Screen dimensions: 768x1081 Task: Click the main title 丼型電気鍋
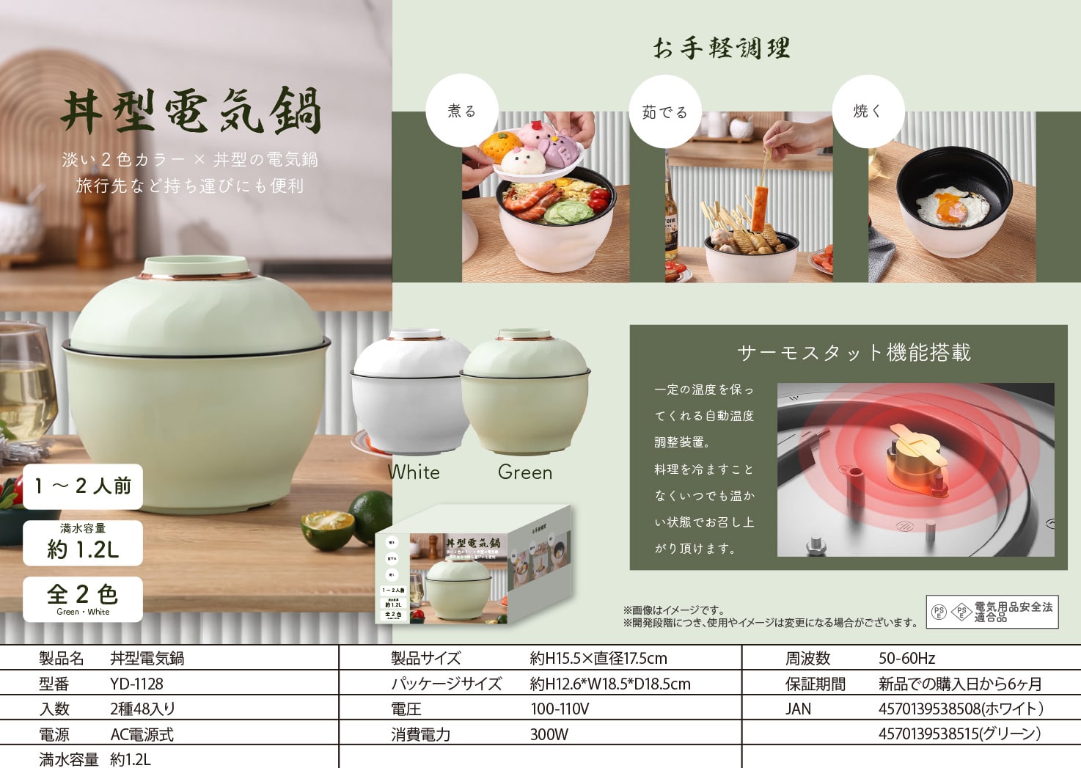191,111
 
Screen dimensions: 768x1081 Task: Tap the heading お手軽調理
721,48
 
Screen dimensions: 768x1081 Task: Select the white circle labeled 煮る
462,111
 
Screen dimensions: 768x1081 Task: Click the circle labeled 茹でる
664,111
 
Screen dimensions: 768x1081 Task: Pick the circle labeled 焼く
868,111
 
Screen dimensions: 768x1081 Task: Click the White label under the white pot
414,472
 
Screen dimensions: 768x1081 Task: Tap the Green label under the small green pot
524,472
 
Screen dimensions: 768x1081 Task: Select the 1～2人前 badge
83,486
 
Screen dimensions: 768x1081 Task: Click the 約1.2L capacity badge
83,543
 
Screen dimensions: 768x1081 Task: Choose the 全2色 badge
83,599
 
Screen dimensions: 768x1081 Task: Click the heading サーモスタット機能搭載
854,353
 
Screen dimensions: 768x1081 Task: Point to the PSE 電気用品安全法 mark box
992,612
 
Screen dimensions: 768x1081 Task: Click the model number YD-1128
137,684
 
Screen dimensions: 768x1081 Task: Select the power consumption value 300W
549,734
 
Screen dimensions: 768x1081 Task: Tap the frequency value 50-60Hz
906,659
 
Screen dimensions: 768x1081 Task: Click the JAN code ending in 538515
959,734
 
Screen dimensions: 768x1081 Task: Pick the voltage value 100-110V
560,709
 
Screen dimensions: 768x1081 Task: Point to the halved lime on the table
328,530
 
